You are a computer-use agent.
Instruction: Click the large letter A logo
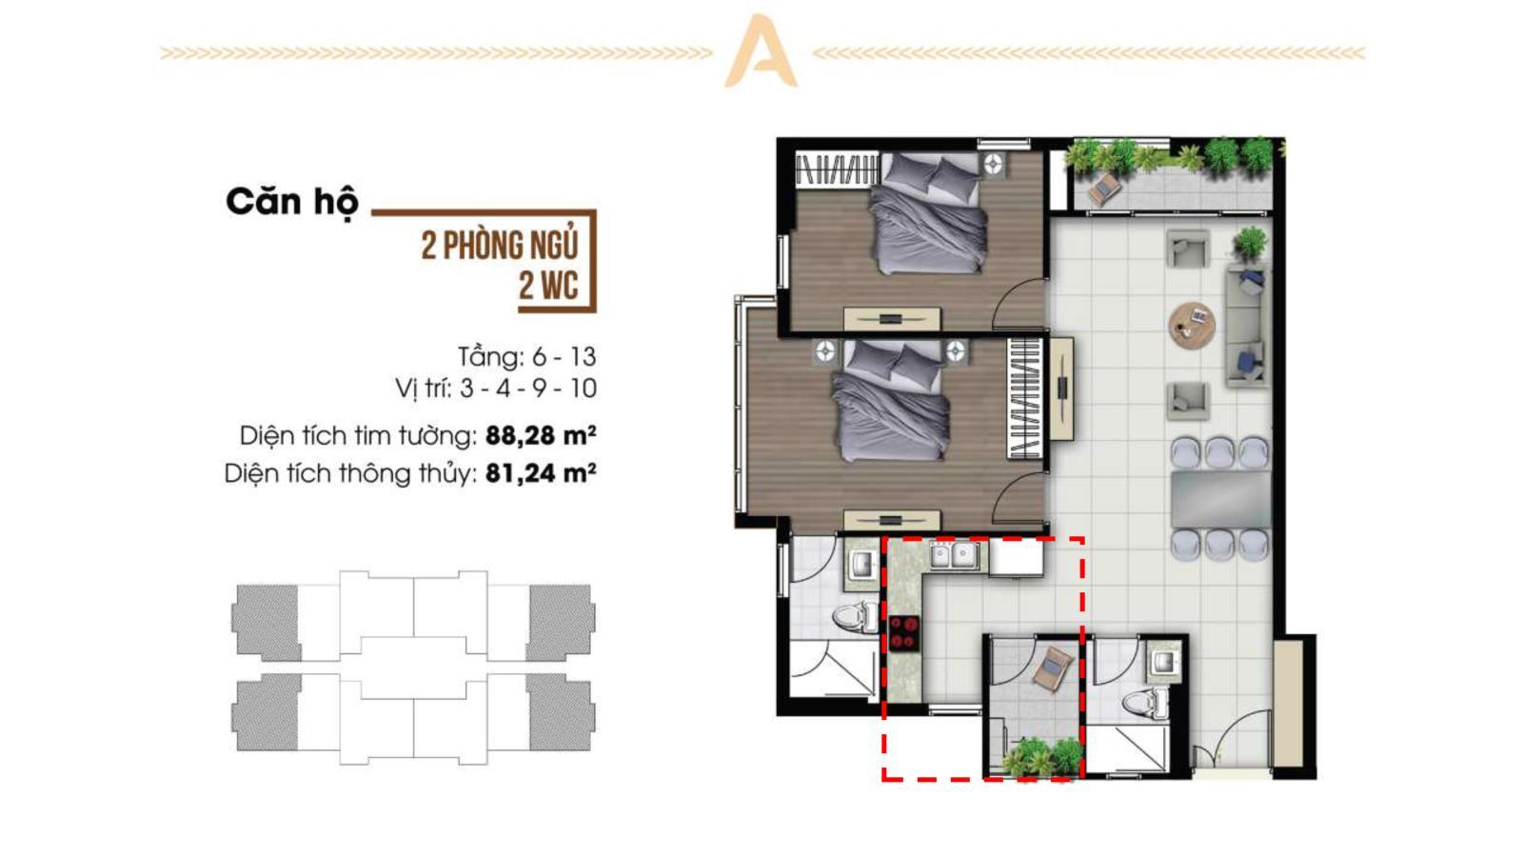pos(761,51)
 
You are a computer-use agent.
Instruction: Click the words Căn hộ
pos(292,203)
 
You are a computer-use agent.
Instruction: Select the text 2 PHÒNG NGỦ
pos(500,246)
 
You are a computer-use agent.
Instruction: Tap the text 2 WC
pos(548,286)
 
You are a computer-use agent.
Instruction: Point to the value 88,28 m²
pos(542,435)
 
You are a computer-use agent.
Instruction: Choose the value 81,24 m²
pos(542,473)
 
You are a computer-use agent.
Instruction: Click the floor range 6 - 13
pos(564,356)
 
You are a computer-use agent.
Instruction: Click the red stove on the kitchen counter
pos(904,634)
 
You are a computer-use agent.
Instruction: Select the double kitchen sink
pos(954,555)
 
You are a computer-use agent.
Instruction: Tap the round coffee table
pos(1192,326)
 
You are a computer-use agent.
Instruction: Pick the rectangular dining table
pos(1220,500)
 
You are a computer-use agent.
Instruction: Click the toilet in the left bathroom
pos(857,616)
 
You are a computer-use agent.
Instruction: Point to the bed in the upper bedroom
pos(927,213)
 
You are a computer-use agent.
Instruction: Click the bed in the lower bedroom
pos(889,401)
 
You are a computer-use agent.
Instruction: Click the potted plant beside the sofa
pos(1250,244)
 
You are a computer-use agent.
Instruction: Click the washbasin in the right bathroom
pos(1164,660)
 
